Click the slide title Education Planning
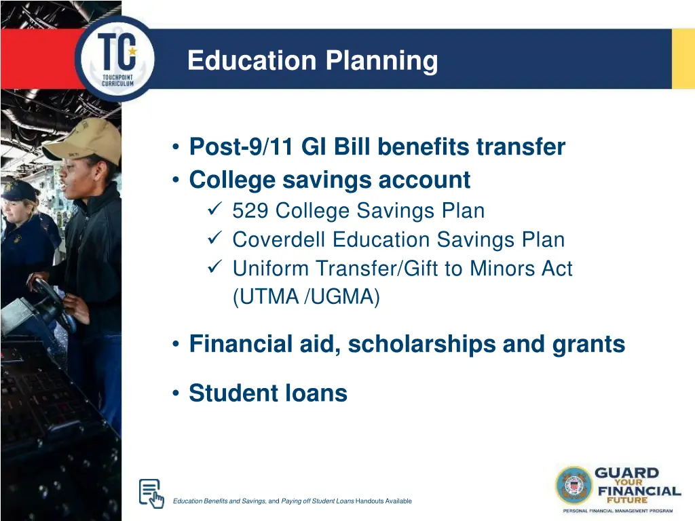(x=312, y=60)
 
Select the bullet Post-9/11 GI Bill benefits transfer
(x=377, y=147)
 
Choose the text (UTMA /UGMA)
(x=306, y=297)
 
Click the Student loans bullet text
(x=268, y=393)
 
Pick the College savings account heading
(x=329, y=180)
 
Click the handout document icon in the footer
(x=151, y=493)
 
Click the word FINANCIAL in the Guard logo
(x=637, y=490)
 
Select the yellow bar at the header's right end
(x=683, y=59)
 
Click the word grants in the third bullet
(x=590, y=345)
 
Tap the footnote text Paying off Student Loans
(x=318, y=501)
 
